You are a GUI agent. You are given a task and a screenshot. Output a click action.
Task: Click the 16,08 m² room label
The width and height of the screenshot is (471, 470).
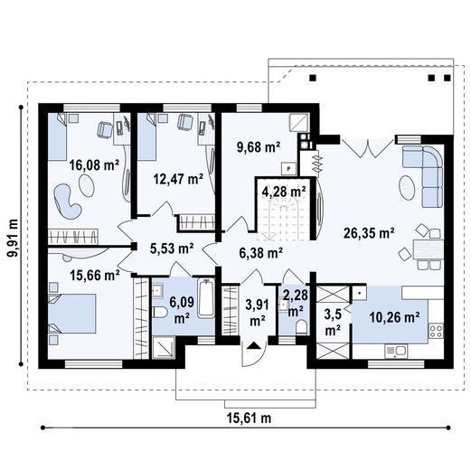94,164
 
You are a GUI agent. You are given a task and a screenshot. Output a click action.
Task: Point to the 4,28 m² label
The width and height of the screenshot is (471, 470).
283,191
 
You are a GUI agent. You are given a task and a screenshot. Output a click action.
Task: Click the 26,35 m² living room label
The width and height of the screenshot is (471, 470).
368,232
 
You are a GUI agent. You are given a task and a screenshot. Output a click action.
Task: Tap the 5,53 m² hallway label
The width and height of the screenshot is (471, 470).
172,247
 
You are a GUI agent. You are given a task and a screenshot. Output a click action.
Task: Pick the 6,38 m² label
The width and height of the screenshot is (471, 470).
260,253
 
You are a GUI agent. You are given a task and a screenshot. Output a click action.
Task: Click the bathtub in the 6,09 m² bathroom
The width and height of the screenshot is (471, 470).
205,300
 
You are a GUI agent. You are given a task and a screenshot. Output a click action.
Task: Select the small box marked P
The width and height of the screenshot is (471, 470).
287,167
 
